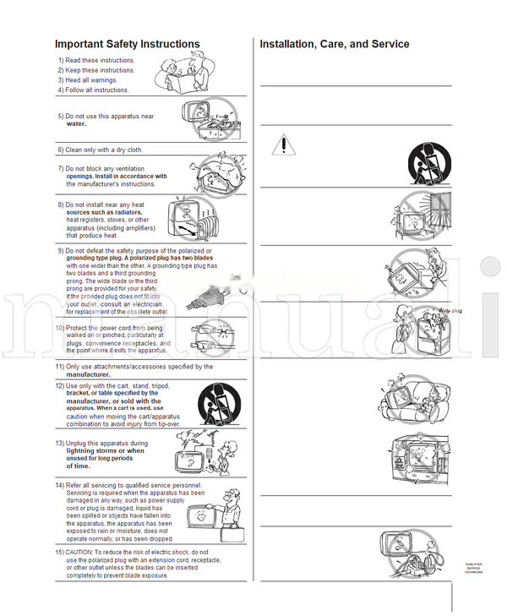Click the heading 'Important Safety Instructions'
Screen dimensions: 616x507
tap(127, 44)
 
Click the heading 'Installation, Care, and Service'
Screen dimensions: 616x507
tap(335, 44)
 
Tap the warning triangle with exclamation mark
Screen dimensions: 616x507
tap(285, 144)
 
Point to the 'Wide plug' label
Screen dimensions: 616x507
tap(450, 311)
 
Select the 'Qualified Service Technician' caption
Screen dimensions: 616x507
tap(474, 569)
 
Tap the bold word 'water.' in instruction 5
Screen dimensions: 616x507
tap(76, 123)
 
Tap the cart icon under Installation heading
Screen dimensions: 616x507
tap(428, 161)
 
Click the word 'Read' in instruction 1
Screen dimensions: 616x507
tap(74, 61)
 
